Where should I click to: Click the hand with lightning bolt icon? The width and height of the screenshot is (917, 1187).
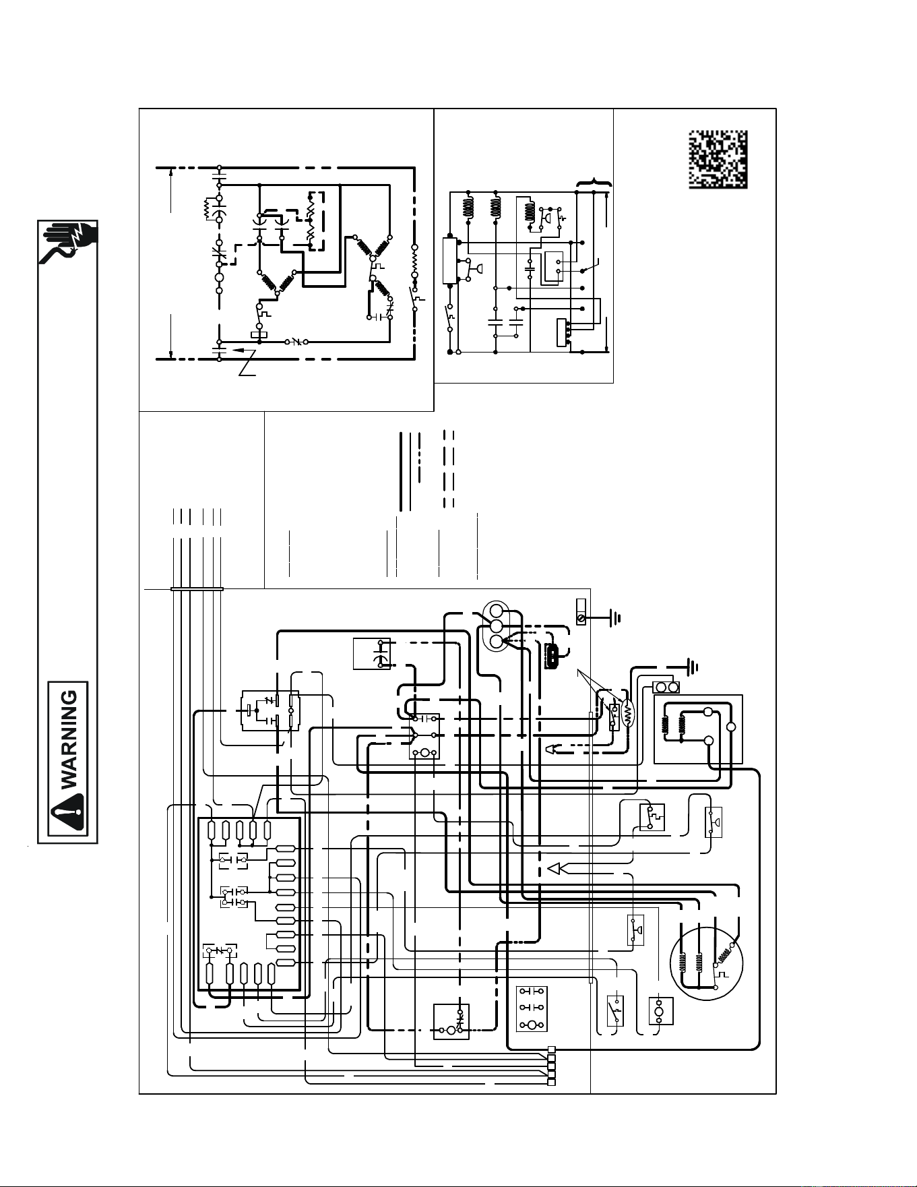point(69,243)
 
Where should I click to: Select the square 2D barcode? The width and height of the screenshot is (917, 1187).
point(718,159)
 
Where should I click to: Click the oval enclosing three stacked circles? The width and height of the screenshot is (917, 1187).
point(497,626)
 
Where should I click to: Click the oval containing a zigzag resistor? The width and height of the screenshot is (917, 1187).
point(628,716)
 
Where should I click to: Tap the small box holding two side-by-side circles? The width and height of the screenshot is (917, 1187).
point(666,688)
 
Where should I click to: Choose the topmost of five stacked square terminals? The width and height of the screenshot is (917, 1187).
point(552,1049)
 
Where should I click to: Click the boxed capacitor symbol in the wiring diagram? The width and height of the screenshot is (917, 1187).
point(372,653)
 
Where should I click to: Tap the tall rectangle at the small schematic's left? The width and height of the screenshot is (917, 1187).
point(449,260)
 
